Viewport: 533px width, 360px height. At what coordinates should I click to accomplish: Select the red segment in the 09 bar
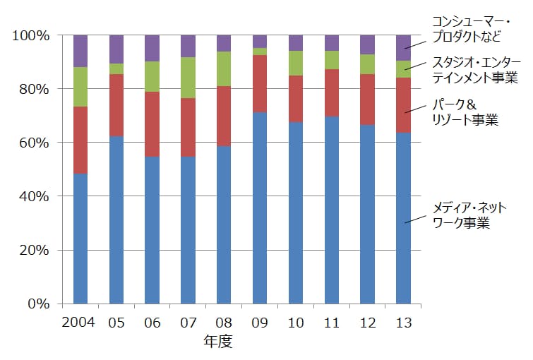click(260, 83)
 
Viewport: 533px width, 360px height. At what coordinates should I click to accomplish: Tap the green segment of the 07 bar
click(188, 78)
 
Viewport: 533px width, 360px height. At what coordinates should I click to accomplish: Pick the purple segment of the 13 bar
click(403, 47)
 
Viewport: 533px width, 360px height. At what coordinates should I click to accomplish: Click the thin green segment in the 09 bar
click(260, 51)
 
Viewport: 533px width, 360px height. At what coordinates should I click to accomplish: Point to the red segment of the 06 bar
click(152, 124)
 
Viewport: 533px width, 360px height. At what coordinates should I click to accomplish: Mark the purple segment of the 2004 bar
click(80, 51)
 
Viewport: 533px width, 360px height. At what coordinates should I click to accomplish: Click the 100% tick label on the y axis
click(31, 35)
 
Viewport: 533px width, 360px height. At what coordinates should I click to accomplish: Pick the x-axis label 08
click(224, 323)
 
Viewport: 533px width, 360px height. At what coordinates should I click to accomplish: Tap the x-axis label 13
click(404, 323)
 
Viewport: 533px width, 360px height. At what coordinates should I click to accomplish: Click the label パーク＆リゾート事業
click(465, 113)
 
